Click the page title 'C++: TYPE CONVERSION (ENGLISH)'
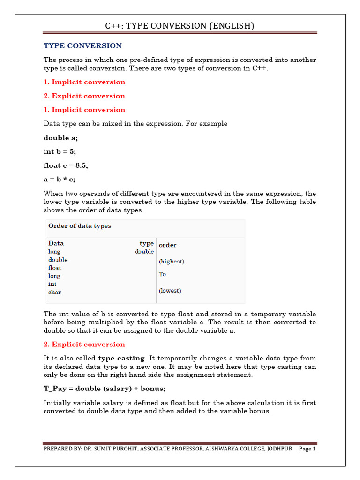click(180, 26)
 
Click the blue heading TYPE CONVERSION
click(82, 46)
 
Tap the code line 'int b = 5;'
click(60, 151)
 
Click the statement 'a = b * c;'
click(60, 179)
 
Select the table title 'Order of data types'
click(80, 226)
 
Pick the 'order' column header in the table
click(168, 245)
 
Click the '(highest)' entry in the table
click(172, 262)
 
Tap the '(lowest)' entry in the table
click(170, 291)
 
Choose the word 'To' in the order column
click(163, 274)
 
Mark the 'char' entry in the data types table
click(54, 292)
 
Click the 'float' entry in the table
click(54, 268)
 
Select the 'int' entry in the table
click(52, 284)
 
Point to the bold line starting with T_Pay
click(105, 389)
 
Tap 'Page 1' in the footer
click(307, 449)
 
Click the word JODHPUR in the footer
click(280, 449)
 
